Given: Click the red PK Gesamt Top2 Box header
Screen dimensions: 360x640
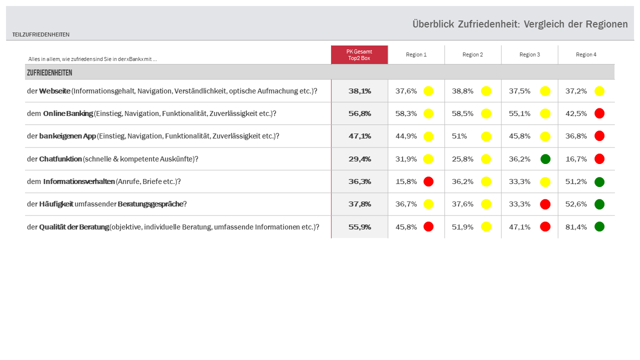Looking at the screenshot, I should tap(359, 54).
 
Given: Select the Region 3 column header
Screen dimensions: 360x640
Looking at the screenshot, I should tap(529, 54).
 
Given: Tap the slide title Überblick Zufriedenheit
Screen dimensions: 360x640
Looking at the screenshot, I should tap(520, 24).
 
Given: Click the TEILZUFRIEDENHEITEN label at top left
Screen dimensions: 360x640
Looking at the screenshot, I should tap(41, 34).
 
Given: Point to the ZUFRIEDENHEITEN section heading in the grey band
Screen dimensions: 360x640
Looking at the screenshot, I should tap(49, 73).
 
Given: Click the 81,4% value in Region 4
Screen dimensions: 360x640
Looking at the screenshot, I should tap(576, 227).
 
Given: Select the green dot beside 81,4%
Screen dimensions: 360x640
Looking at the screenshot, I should tap(599, 226).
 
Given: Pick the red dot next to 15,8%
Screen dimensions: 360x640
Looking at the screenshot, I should tap(428, 181).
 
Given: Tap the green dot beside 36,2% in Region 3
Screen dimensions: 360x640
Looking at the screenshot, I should tap(545, 159).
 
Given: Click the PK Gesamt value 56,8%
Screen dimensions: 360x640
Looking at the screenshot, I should tap(359, 113).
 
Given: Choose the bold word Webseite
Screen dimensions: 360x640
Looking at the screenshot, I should tap(54, 91).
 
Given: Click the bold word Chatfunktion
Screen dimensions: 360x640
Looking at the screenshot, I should tap(60, 159).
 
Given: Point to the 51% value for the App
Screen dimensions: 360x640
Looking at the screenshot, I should tap(459, 136).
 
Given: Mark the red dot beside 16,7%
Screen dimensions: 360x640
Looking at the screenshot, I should tap(599, 159).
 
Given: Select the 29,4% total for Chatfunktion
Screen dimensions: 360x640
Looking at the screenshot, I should tap(359, 159).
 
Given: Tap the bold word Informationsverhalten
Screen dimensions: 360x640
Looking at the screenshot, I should tap(79, 181).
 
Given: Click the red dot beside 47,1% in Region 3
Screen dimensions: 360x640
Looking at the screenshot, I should tap(545, 226).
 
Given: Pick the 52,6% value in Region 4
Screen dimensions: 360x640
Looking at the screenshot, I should tap(576, 204).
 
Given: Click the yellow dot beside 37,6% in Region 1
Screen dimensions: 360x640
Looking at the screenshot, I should tap(428, 91).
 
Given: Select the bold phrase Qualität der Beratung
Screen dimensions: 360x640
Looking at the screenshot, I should tap(74, 227).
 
